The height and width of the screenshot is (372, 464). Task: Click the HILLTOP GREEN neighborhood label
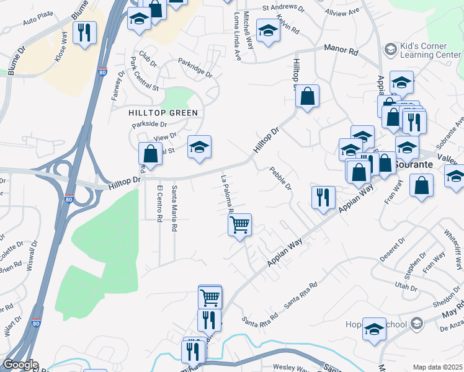tap(163, 113)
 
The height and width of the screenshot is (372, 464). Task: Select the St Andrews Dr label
tap(283, 9)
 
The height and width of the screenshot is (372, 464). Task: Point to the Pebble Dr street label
tap(280, 179)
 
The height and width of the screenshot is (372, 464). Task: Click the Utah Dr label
tap(406, 285)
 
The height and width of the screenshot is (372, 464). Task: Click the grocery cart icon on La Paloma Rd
tap(240, 224)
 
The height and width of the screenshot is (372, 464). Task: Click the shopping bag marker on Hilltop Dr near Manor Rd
tap(307, 96)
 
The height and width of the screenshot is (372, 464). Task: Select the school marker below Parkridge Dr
tap(199, 148)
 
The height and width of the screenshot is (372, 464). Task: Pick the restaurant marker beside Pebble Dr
tap(323, 197)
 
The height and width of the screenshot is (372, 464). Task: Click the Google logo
tap(20, 365)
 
